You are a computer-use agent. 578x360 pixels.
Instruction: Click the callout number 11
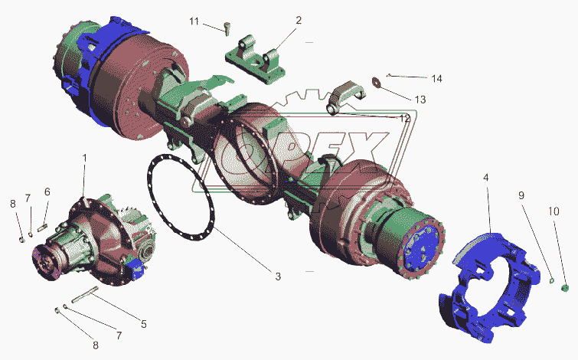click(x=194, y=21)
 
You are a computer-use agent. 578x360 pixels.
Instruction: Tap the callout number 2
click(x=299, y=20)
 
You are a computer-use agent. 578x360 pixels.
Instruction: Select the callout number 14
click(x=437, y=79)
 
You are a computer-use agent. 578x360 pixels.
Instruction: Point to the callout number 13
click(x=420, y=100)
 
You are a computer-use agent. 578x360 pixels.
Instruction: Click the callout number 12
click(x=404, y=119)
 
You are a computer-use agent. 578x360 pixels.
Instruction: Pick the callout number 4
click(x=486, y=178)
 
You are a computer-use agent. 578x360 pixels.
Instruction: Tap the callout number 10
click(x=554, y=211)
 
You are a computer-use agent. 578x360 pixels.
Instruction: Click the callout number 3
click(x=278, y=277)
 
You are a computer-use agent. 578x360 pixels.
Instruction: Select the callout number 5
click(x=144, y=324)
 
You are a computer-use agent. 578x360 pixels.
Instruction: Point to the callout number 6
click(x=47, y=191)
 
